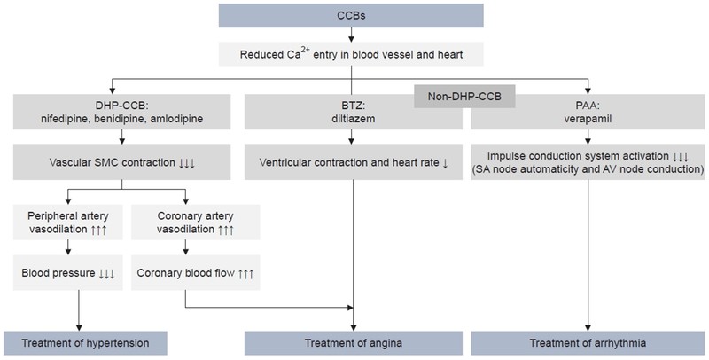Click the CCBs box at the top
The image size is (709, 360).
pyautogui.click(x=352, y=15)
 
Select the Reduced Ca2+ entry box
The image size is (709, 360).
pyautogui.click(x=352, y=55)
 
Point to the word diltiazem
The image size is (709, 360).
pyautogui.click(x=353, y=119)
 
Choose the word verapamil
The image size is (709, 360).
pyautogui.click(x=588, y=119)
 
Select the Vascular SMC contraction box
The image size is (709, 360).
pyautogui.click(x=119, y=164)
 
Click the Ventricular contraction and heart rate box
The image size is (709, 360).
pyautogui.click(x=353, y=164)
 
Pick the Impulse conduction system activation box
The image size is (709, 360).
pyautogui.click(x=588, y=164)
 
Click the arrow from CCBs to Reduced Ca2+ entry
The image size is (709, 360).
pyautogui.click(x=352, y=35)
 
